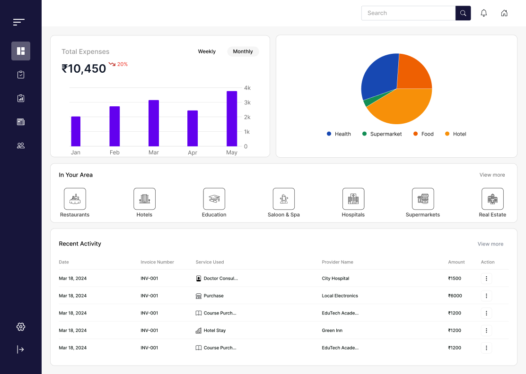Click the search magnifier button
click(x=463, y=13)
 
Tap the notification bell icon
click(x=484, y=13)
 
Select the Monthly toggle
click(x=243, y=51)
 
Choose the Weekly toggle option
click(x=207, y=51)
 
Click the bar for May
click(x=232, y=119)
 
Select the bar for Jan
click(x=76, y=131)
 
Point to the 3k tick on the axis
click(x=247, y=102)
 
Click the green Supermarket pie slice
click(x=367, y=102)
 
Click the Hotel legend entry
click(x=456, y=134)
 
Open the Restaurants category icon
click(x=75, y=199)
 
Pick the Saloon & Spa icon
click(x=284, y=199)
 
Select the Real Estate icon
click(x=492, y=199)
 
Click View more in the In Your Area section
click(x=492, y=175)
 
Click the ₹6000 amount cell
click(x=455, y=296)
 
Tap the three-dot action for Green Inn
click(x=486, y=331)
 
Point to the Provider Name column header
click(x=337, y=262)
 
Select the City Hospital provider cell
click(x=335, y=279)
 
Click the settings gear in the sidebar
click(x=21, y=327)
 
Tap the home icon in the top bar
click(x=504, y=13)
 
